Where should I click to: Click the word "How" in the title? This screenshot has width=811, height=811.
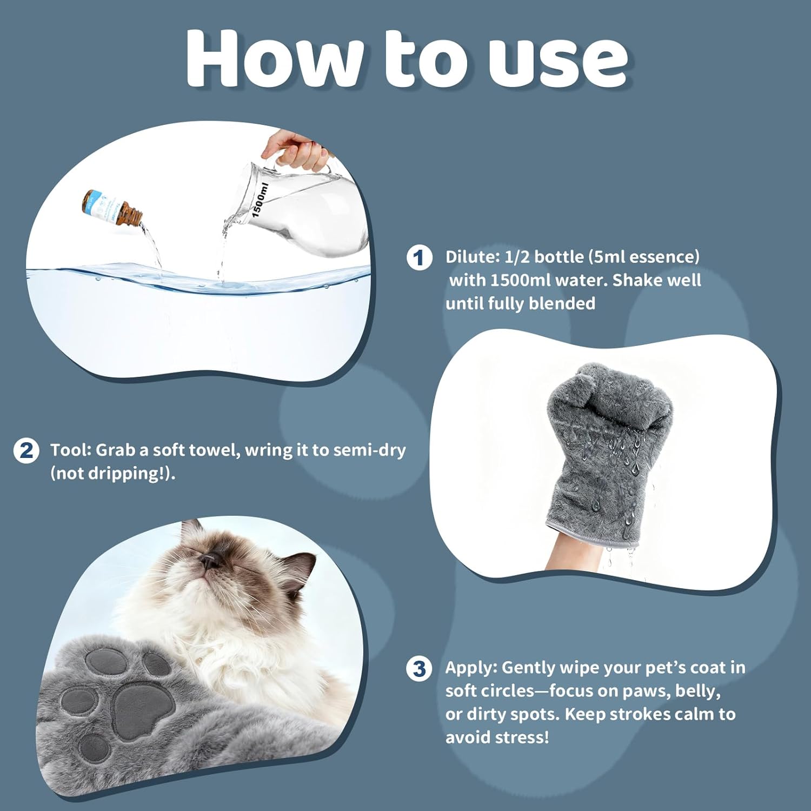[x=276, y=58]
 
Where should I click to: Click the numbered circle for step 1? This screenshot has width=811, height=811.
[x=419, y=257]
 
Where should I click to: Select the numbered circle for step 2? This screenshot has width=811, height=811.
[x=26, y=450]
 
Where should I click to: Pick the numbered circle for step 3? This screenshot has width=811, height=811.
[x=419, y=668]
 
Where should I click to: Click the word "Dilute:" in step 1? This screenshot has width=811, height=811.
[x=473, y=257]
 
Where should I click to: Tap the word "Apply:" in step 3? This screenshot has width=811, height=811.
[x=471, y=668]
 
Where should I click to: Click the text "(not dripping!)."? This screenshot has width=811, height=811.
[x=113, y=474]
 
